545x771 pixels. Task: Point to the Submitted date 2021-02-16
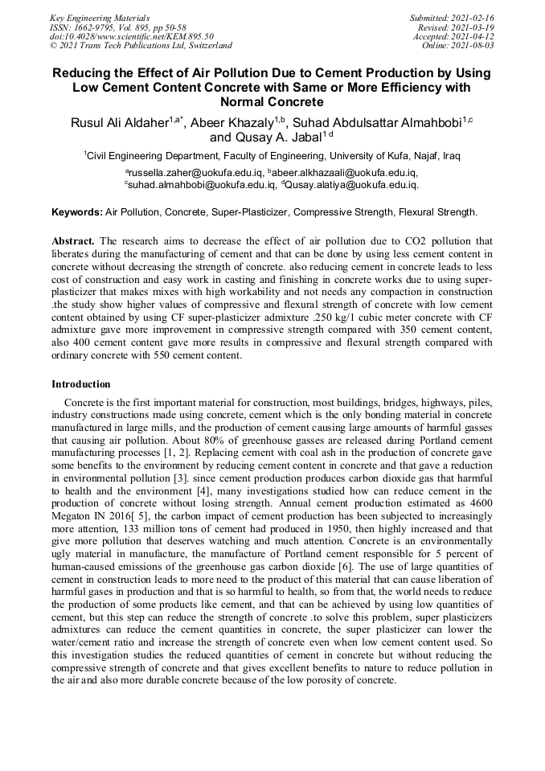pyautogui.click(x=452, y=18)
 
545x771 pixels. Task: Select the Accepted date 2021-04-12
pyautogui.click(x=453, y=37)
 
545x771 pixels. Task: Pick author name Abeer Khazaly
pyautogui.click(x=234, y=122)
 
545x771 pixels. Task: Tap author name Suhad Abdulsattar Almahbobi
pyautogui.click(x=376, y=122)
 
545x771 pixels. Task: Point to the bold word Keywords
pyautogui.click(x=76, y=213)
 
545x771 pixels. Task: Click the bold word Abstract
pyautogui.click(x=73, y=241)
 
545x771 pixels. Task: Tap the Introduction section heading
pyautogui.click(x=81, y=384)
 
